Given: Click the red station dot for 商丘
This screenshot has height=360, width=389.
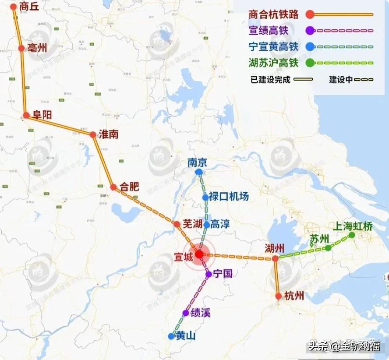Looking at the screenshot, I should click(14, 7).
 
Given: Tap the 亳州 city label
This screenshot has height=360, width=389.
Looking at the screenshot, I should click(37, 48).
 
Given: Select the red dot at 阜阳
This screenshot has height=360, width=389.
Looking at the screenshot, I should click(26, 116).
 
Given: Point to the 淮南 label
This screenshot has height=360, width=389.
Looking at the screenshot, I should click(109, 134).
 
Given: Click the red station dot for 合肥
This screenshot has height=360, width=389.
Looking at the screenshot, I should click(113, 187).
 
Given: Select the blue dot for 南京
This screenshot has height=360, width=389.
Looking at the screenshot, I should click(199, 172).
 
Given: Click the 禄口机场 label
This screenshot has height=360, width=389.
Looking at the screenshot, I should click(229, 196).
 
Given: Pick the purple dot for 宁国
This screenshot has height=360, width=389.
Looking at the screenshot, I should click(209, 275).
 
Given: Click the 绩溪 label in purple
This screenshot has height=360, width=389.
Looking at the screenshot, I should click(200, 313).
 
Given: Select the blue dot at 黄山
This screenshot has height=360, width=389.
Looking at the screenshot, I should click(171, 336).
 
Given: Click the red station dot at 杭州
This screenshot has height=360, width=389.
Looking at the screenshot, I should click(279, 296).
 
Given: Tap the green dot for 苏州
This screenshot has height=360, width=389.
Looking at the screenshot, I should click(328, 248).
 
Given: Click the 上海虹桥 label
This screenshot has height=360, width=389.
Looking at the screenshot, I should click(353, 226).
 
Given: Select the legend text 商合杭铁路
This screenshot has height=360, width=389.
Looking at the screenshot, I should click(273, 14).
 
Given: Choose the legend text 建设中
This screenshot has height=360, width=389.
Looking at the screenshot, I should click(341, 80).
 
